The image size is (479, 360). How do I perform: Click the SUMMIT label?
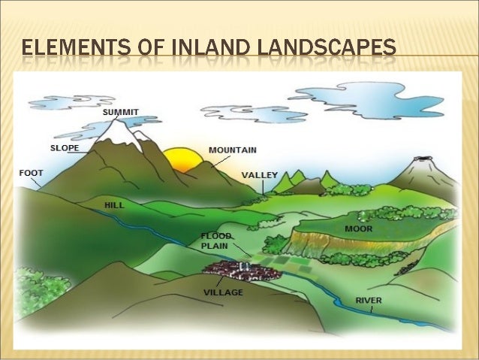coord(121,112)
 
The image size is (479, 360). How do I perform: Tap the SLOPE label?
coord(65,148)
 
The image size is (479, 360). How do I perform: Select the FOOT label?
coord(31,172)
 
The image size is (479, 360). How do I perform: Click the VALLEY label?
coord(259,175)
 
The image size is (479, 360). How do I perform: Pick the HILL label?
coord(114,204)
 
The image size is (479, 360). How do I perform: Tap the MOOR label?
coord(358,228)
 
